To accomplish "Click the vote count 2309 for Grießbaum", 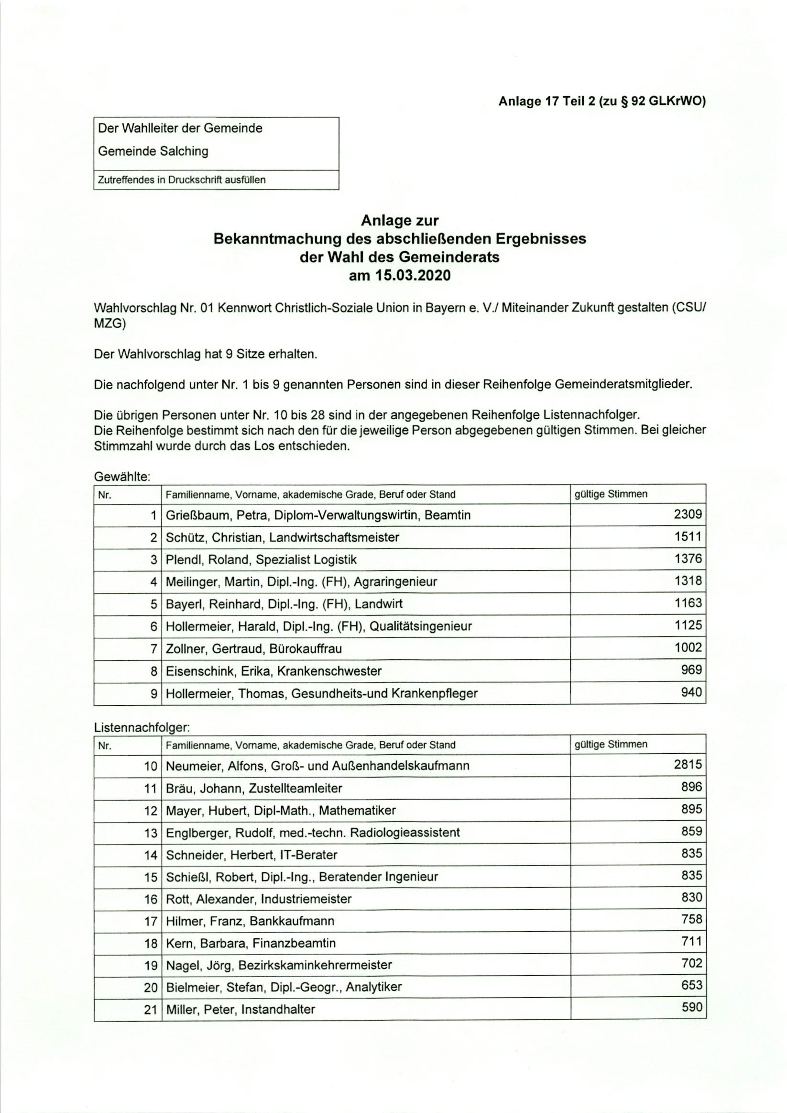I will [687, 514].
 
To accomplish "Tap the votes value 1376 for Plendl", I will [688, 559].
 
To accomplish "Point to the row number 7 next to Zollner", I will [153, 649].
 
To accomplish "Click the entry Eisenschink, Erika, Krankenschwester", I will [273, 671].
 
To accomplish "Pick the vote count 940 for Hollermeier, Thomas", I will [691, 692].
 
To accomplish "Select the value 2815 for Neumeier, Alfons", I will [687, 765].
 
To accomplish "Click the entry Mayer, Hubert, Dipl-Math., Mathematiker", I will [281, 811].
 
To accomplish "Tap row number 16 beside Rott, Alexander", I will [151, 900].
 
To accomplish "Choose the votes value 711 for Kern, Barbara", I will [691, 942].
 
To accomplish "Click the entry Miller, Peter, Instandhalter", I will [240, 1010].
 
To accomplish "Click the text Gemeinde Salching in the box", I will [153, 151].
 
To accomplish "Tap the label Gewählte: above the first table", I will [122, 477].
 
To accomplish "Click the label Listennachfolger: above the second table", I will [142, 727].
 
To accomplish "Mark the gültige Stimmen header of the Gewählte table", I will [611, 494].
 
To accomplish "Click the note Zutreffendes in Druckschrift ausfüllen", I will [182, 180].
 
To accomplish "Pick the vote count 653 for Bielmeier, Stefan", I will [691, 985].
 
